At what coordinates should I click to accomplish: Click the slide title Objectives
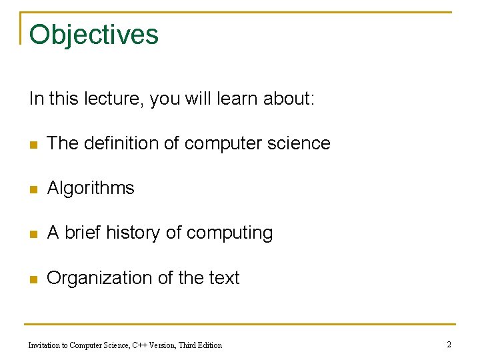coord(94,35)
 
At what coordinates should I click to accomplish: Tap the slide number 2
coord(449,344)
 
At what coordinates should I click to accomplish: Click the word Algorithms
coord(91,189)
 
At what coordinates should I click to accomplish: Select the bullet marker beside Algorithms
coord(33,189)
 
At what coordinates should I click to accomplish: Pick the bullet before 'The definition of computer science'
coord(33,145)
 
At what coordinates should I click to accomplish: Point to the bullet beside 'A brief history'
coord(33,234)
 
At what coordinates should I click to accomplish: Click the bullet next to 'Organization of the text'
coord(33,279)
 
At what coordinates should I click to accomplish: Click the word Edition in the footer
coord(209,345)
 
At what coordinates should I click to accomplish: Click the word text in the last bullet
coord(223,278)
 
